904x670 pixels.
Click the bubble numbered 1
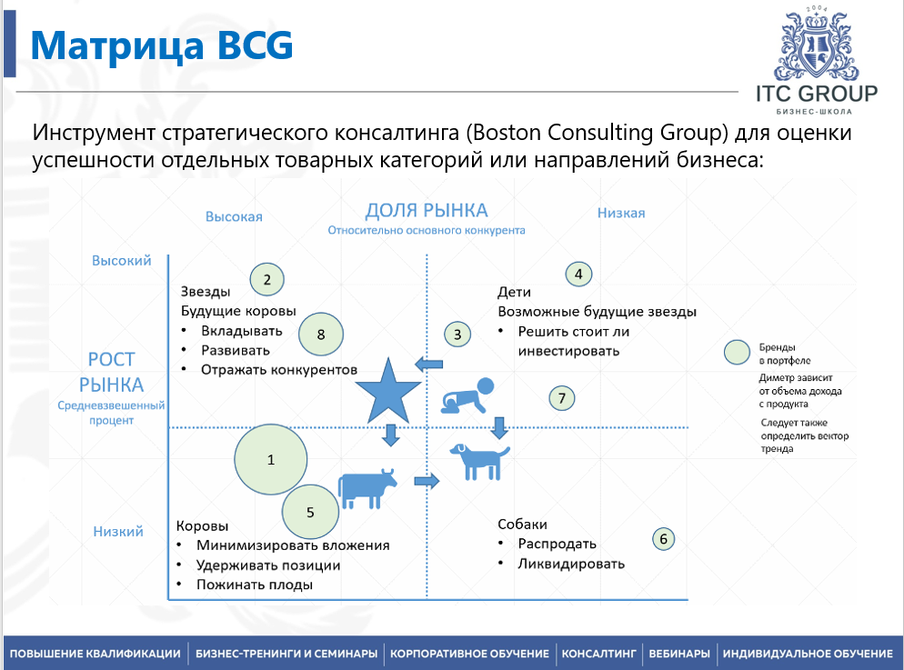(x=270, y=460)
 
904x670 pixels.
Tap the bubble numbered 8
(x=321, y=335)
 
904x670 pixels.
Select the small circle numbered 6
(x=664, y=538)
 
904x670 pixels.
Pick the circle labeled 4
(x=578, y=273)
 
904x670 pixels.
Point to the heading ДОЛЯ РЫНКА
(x=427, y=211)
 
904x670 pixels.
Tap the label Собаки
(x=522, y=525)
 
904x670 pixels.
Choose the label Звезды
(x=205, y=292)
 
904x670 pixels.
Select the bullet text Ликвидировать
(x=571, y=564)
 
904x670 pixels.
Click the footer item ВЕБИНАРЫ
(x=678, y=654)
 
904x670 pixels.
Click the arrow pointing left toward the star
(x=428, y=365)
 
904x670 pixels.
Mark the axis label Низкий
(x=118, y=531)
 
